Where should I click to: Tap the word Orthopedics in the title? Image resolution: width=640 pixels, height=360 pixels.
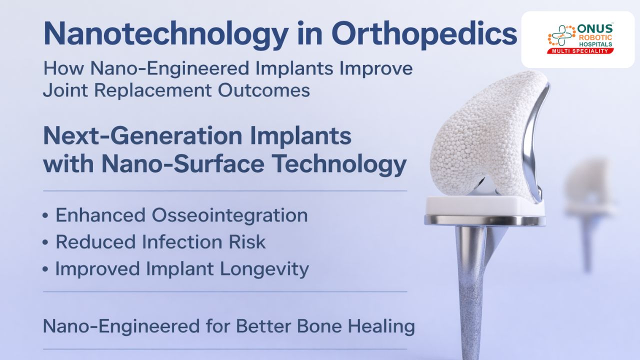point(424,33)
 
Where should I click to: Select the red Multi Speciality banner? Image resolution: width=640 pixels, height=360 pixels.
point(580,51)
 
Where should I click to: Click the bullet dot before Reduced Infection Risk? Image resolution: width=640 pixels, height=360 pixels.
point(45,242)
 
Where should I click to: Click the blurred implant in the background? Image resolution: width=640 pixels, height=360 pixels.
point(589,200)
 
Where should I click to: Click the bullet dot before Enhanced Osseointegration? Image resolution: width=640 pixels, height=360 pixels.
point(45,215)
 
